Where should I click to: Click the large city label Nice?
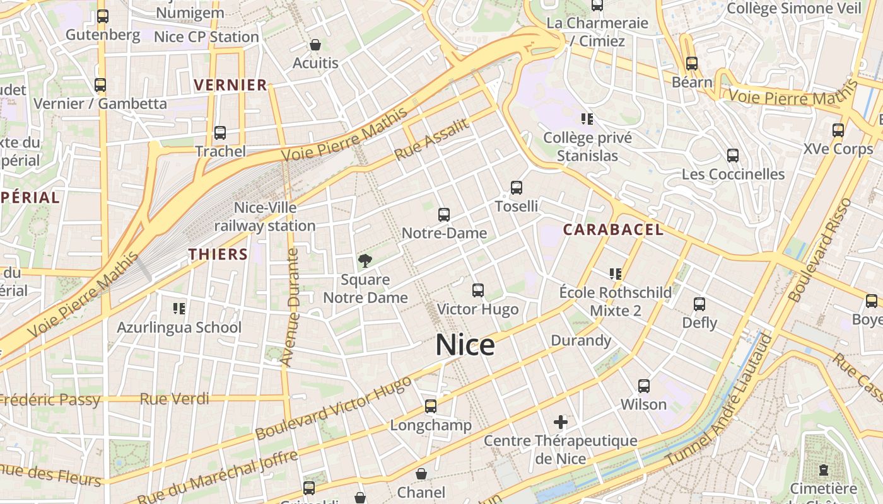[465, 345]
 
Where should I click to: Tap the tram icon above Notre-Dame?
[443, 215]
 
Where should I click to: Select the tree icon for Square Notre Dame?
[365, 261]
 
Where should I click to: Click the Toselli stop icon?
[516, 188]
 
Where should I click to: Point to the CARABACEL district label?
[613, 230]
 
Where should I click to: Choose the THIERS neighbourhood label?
[218, 255]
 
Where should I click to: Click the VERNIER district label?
[230, 85]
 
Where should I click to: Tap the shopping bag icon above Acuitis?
[315, 45]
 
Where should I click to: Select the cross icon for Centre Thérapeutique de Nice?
[560, 422]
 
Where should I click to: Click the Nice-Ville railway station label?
[265, 217]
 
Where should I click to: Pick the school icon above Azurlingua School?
[179, 309]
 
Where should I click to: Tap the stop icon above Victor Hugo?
[477, 290]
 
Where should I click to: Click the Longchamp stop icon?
[431, 406]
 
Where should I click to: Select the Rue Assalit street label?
[432, 139]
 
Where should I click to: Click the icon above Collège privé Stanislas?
[587, 119]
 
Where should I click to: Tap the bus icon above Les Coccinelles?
[732, 156]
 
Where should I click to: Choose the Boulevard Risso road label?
[819, 251]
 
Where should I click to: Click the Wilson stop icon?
[643, 386]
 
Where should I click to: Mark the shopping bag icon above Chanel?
[421, 474]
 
